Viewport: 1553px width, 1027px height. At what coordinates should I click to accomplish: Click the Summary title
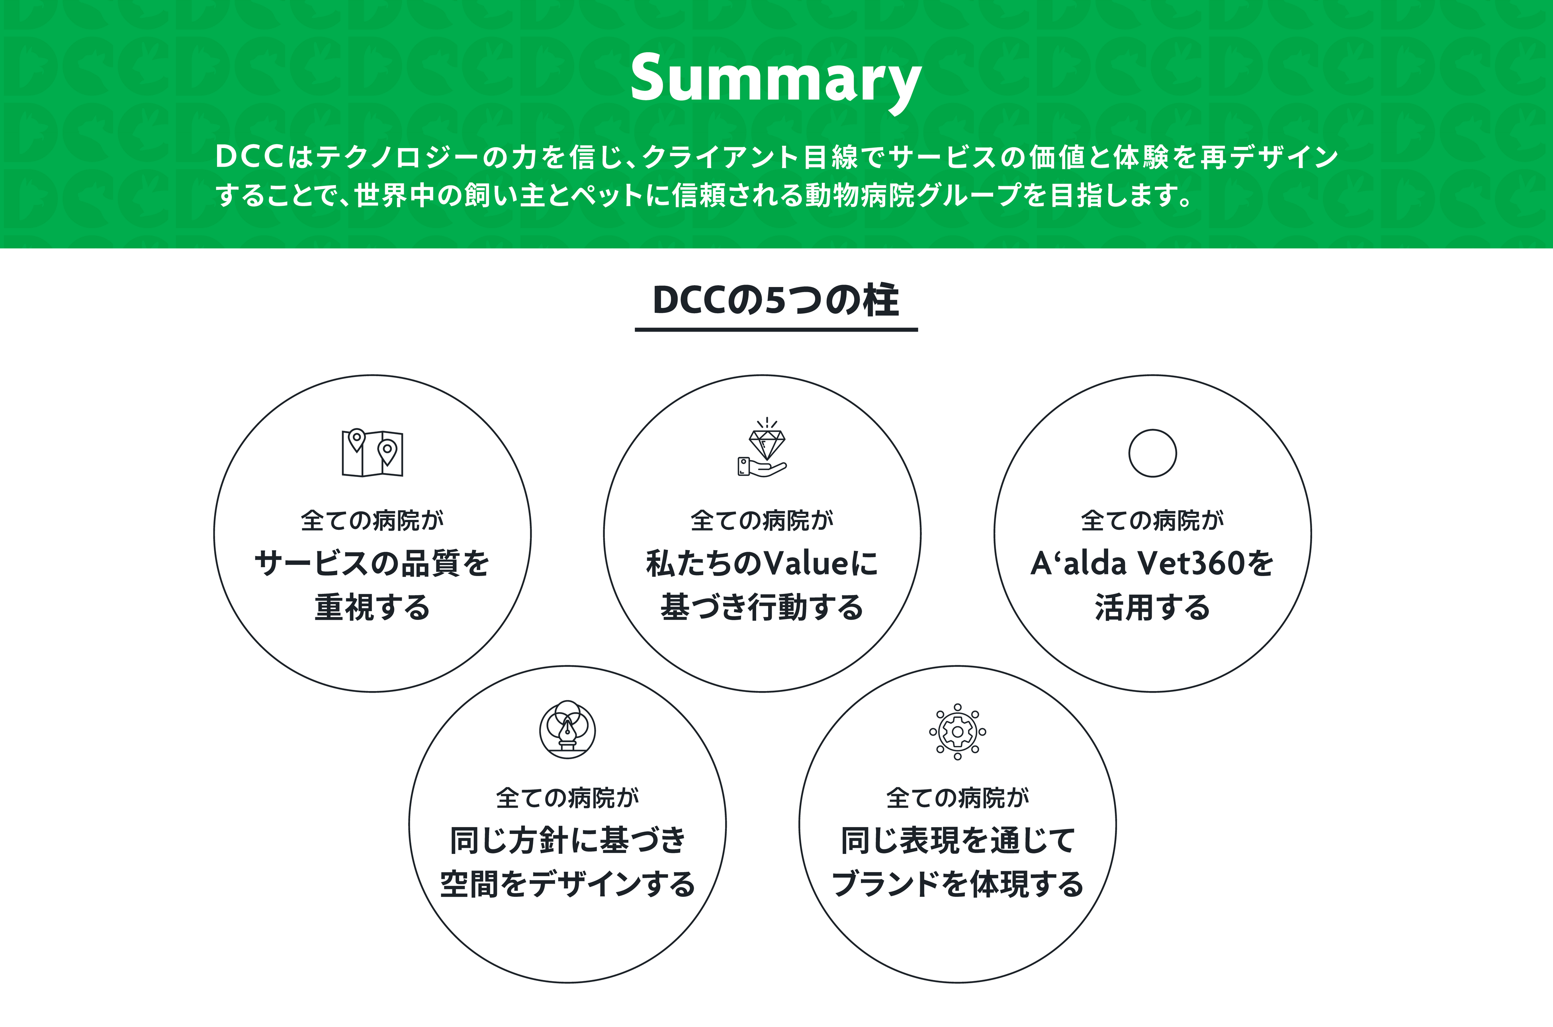click(776, 78)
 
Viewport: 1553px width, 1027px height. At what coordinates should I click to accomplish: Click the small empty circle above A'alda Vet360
click(1152, 453)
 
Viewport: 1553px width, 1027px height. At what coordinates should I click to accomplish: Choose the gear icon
click(957, 732)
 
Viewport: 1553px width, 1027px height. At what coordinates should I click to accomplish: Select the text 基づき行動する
click(762, 607)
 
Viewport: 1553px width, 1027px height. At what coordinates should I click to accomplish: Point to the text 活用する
click(1152, 607)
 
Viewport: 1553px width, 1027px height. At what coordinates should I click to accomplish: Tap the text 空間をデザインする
click(567, 884)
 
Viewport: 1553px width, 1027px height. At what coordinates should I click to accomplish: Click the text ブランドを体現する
click(957, 884)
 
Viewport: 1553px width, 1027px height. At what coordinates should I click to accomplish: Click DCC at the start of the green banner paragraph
click(249, 157)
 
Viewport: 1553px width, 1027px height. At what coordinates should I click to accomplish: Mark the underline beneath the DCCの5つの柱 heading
click(776, 330)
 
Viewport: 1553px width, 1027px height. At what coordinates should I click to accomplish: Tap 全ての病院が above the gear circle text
click(957, 798)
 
